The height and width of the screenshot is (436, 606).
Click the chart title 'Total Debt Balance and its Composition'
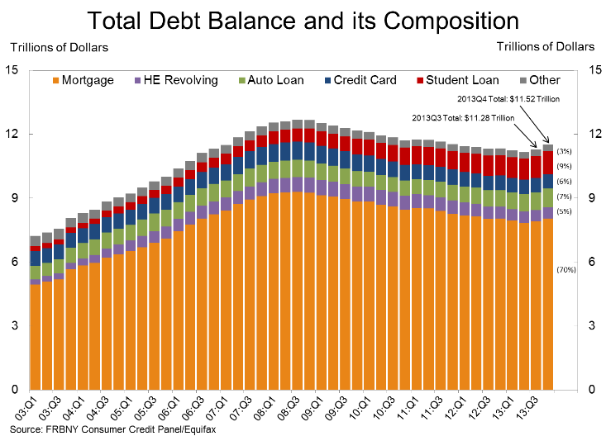(303, 20)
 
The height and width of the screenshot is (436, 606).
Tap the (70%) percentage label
(565, 268)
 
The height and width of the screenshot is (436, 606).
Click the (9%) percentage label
(565, 166)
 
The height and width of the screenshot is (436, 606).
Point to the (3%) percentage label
(565, 151)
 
